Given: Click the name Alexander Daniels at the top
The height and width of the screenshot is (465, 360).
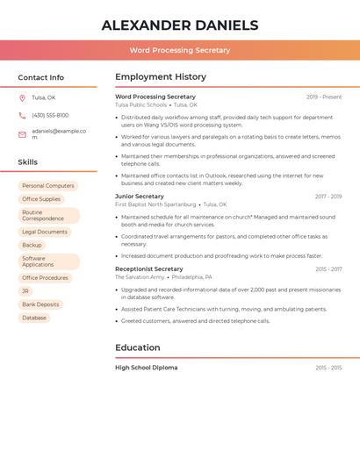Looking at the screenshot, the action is [x=179, y=25].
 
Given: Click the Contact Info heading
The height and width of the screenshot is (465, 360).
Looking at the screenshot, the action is [x=40, y=77].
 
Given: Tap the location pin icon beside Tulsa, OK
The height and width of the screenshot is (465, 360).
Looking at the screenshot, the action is [x=22, y=97].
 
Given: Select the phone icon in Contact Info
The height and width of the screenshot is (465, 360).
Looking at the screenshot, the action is [x=22, y=115].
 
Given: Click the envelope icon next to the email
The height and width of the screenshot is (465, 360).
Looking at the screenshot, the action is [x=22, y=134].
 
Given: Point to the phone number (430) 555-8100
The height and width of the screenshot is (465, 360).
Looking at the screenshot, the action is [x=50, y=115].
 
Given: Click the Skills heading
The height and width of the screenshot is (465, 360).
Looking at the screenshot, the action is [x=28, y=162].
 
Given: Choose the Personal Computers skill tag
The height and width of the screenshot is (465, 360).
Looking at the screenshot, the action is [x=48, y=186].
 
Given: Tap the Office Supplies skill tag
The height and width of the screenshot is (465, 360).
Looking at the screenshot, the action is [x=41, y=199].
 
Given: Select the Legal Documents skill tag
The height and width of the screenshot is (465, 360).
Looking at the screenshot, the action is [x=45, y=232].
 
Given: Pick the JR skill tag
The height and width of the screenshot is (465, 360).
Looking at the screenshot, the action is [x=25, y=290].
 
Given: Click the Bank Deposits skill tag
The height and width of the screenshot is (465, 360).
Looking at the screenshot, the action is [x=40, y=304].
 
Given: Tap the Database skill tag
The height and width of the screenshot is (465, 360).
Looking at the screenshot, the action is [x=34, y=318].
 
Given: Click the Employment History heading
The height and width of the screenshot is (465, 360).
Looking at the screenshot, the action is [x=161, y=77].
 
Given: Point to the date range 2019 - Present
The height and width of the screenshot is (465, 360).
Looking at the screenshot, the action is [x=324, y=97].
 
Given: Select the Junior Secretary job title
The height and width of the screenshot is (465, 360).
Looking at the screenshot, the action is [x=140, y=197].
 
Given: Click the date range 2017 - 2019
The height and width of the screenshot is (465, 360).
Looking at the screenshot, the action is [x=328, y=197].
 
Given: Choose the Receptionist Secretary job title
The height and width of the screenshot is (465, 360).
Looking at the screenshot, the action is [x=149, y=269].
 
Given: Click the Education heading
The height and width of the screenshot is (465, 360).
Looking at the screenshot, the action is [x=138, y=347].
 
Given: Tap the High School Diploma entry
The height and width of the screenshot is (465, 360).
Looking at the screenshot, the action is [x=147, y=368].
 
